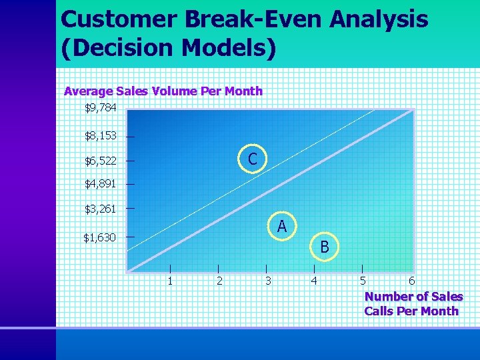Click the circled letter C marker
click(253, 159)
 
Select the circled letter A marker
click(282, 227)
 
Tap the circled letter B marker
click(325, 247)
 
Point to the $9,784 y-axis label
click(100, 107)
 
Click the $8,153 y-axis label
click(100, 135)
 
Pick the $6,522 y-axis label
click(100, 161)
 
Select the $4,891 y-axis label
click(100, 184)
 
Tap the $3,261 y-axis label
click(100, 209)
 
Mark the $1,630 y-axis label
click(99, 237)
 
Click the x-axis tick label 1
click(170, 281)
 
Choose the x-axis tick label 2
click(219, 281)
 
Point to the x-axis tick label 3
click(268, 281)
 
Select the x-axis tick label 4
click(314, 281)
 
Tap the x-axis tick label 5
click(363, 281)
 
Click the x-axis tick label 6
click(411, 281)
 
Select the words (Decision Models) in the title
click(168, 49)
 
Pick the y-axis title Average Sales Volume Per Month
click(163, 91)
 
